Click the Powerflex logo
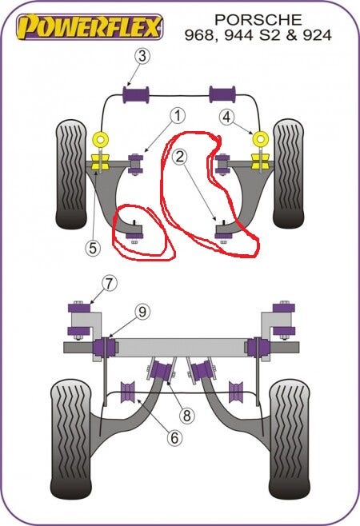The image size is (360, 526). click(90, 26)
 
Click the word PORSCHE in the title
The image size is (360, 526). click(258, 20)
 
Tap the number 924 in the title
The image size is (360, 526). click(318, 35)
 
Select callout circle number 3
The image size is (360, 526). click(142, 56)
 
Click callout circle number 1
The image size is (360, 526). click(178, 116)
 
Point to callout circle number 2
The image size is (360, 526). click(180, 157)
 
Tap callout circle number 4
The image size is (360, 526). click(227, 117)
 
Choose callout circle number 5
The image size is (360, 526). click(93, 248)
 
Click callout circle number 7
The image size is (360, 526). click(109, 284)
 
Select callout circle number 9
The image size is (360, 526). click(142, 313)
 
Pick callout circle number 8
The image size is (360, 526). click(186, 416)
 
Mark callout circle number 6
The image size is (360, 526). click(174, 438)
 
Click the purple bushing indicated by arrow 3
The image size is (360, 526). click(136, 95)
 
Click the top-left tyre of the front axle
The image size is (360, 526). click(71, 174)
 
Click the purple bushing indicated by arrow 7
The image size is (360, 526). click(80, 308)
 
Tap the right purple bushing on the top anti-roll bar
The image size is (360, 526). click(222, 94)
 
